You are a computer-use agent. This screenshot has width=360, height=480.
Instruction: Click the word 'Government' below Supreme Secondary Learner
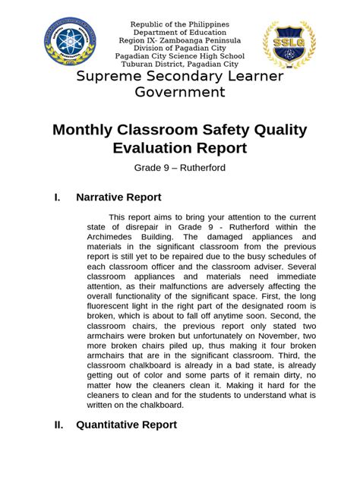click(179, 93)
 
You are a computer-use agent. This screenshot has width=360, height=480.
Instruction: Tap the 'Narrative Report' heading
click(118, 198)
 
